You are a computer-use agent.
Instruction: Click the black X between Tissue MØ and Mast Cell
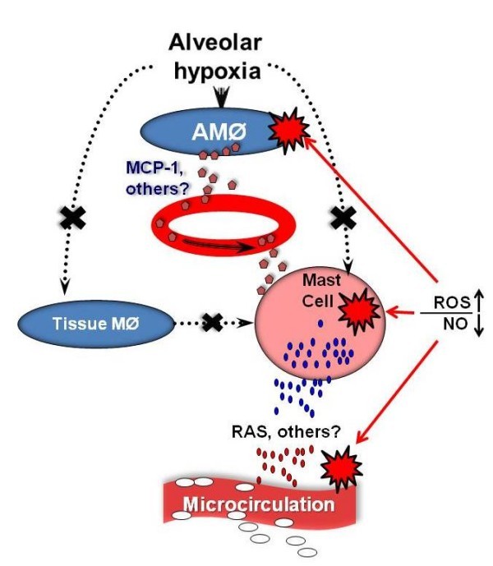[x=214, y=322]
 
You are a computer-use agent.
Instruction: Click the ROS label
[x=449, y=302]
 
